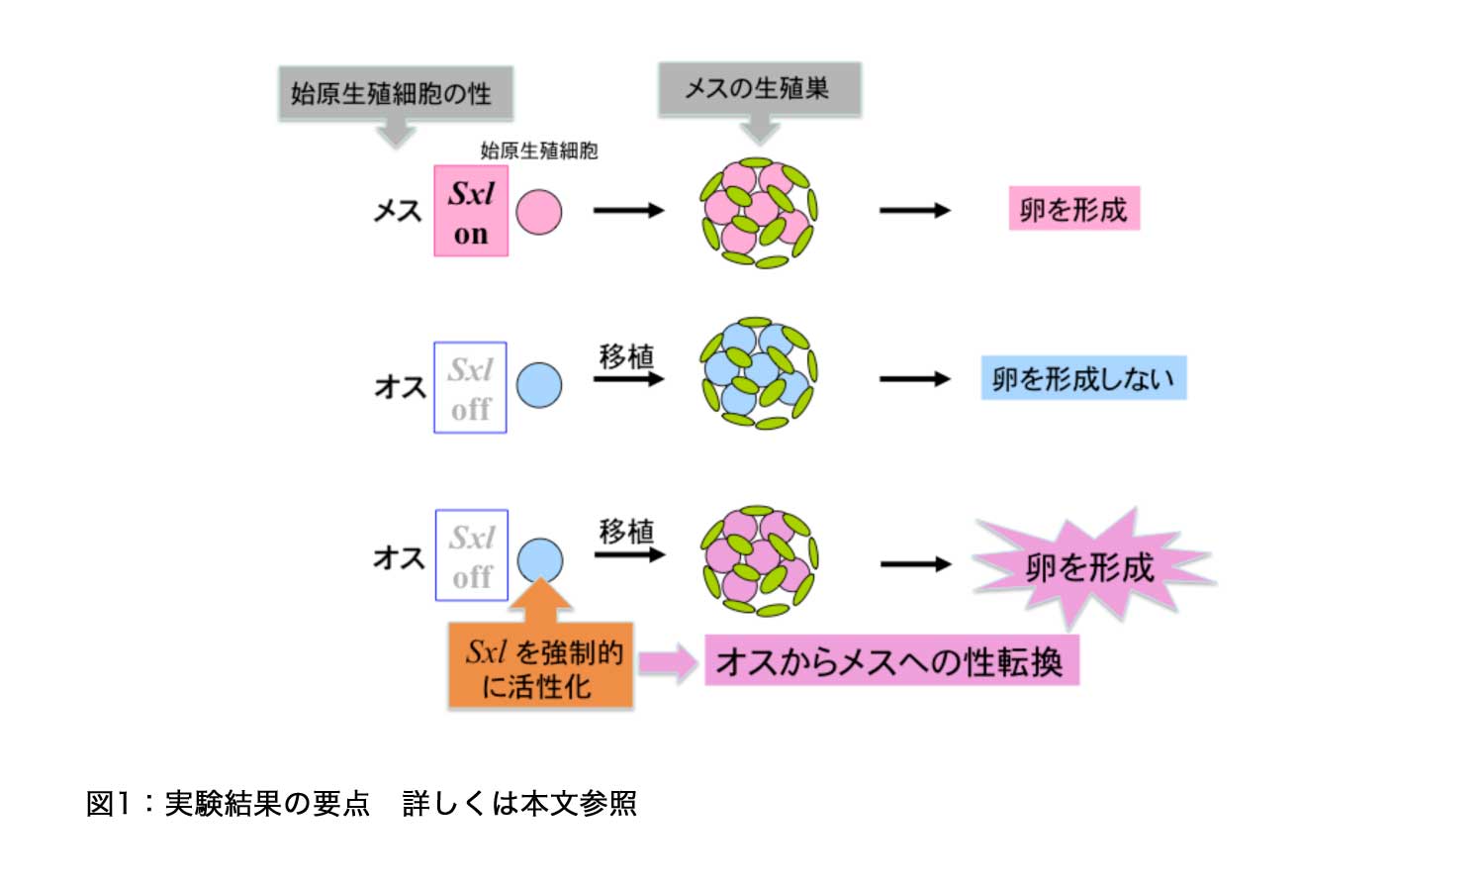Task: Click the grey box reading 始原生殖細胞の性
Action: coord(395,94)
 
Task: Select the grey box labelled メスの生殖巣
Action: coord(759,89)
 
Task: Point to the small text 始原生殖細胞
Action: coord(539,150)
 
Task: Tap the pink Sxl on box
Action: coord(471,211)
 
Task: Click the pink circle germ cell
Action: coord(539,212)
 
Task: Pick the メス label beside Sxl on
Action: coord(397,211)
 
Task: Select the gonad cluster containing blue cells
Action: coord(758,373)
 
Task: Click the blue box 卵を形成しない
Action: coord(1083,378)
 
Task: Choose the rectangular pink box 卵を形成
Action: coord(1073,209)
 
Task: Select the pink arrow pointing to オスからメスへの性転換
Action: coord(668,662)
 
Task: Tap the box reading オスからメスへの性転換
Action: coord(890,661)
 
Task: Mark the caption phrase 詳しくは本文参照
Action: coord(519,803)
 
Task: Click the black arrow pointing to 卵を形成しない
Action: coord(914,379)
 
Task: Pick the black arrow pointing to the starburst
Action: coord(915,564)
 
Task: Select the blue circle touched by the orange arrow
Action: coord(539,559)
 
